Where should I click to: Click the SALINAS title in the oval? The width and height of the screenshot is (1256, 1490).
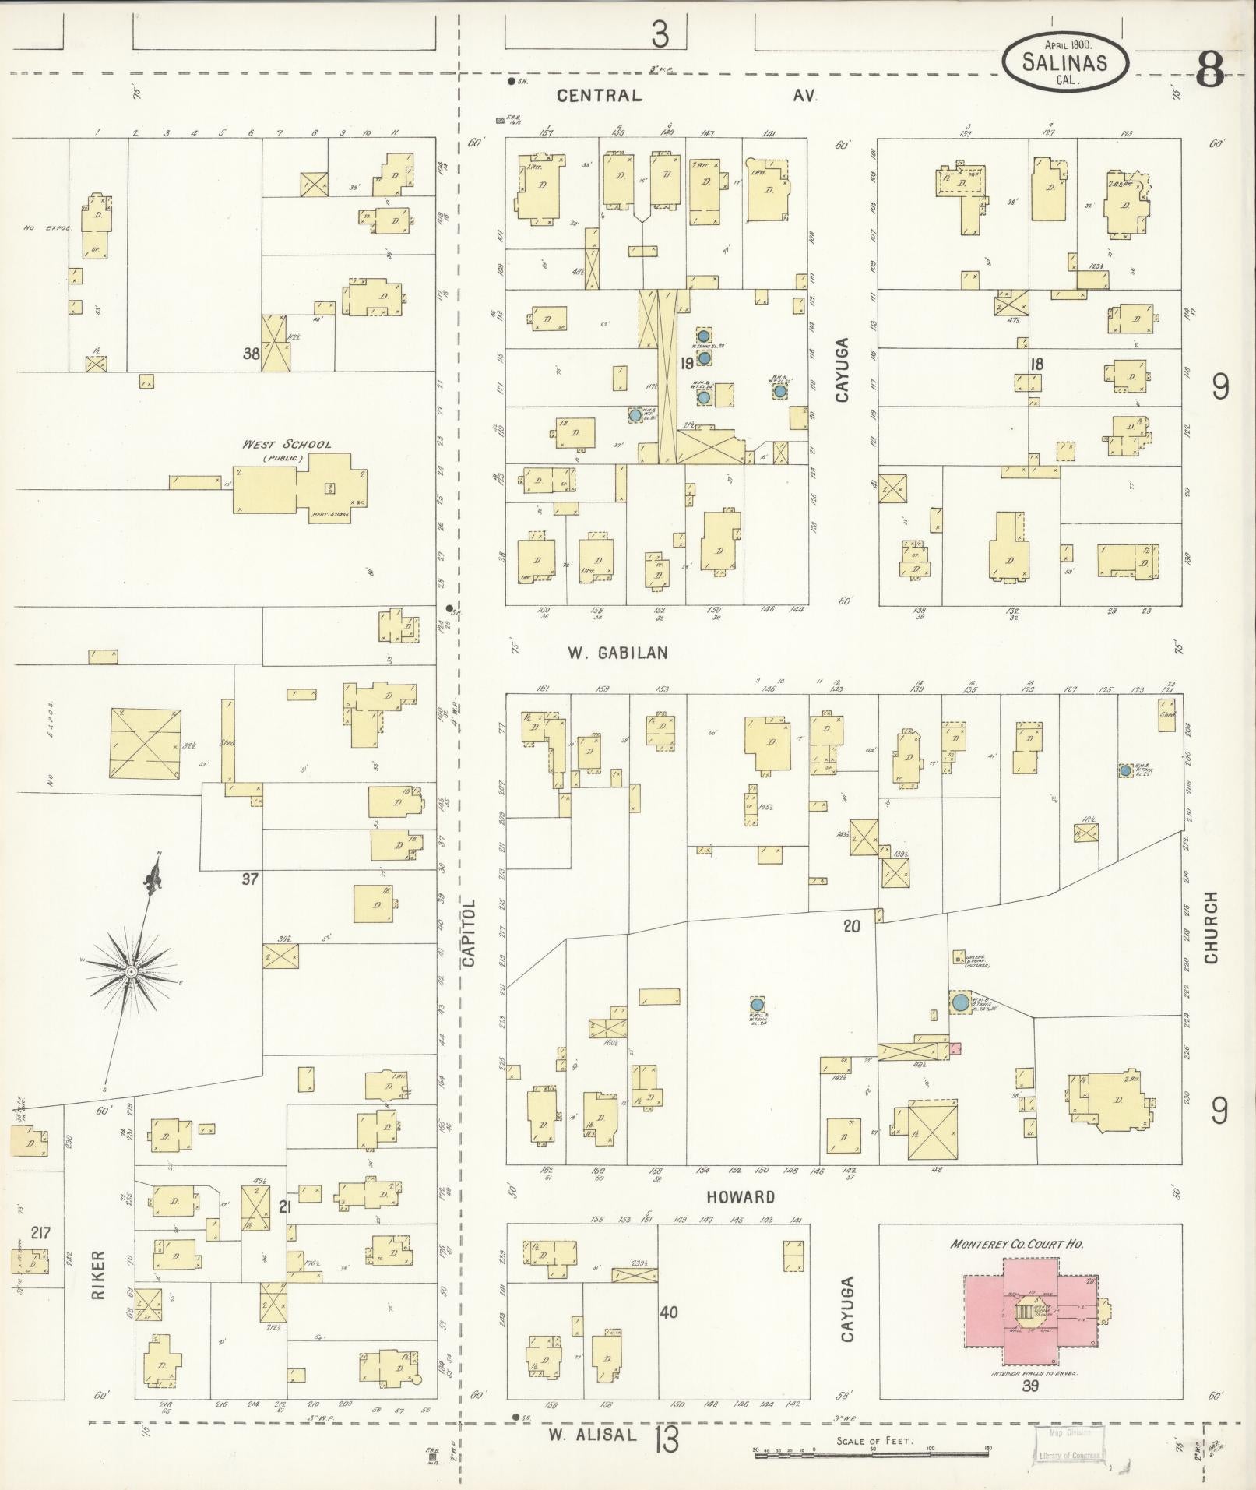pos(1064,63)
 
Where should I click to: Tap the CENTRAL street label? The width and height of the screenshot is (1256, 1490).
pos(600,96)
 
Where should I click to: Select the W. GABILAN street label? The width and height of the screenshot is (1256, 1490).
pos(617,653)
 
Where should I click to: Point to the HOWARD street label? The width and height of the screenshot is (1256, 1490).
pos(741,1196)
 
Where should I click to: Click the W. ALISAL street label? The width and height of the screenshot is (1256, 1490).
pos(587,1435)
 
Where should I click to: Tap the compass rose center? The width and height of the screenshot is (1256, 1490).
pos(132,972)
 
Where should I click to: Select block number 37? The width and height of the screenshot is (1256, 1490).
pos(249,879)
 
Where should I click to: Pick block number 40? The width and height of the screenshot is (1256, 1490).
pos(668,1312)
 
